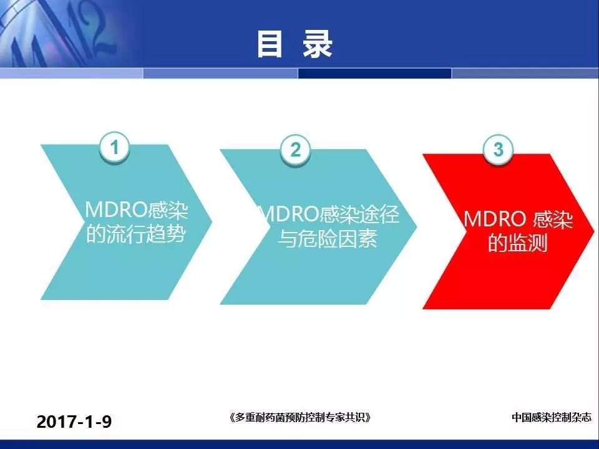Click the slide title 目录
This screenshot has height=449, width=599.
295,45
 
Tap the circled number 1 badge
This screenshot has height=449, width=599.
114,147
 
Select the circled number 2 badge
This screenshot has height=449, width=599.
295,150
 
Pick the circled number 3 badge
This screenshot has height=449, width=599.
498,149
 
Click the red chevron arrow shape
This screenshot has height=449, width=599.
509,231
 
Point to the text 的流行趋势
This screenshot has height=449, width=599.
136,234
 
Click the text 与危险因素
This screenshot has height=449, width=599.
328,238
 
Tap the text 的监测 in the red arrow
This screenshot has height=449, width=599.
518,243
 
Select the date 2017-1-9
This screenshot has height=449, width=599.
74,422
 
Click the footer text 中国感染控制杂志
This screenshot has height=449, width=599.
552,417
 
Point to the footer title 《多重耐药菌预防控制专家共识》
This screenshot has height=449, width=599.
300,417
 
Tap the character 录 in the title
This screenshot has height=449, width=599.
318,45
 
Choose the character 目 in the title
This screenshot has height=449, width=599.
270,45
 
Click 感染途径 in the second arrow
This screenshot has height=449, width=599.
359,214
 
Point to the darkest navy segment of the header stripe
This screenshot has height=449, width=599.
374,73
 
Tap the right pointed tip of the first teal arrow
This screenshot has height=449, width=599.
212,221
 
